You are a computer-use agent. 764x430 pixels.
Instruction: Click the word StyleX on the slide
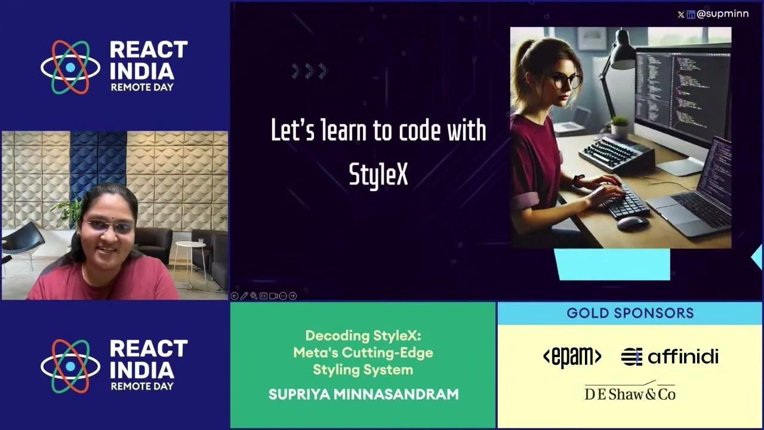(378, 174)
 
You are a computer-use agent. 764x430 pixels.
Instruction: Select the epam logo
(572, 357)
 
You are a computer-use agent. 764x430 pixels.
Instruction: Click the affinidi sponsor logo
(670, 357)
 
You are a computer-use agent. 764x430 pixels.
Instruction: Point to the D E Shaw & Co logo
(630, 392)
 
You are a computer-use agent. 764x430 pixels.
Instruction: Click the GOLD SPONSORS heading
(630, 313)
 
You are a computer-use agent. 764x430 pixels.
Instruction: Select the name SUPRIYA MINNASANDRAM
(363, 394)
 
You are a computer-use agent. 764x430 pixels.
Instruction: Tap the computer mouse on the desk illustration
(631, 223)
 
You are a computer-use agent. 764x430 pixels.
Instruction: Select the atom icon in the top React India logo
(70, 67)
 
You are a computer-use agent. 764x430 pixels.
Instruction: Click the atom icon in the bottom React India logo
(70, 366)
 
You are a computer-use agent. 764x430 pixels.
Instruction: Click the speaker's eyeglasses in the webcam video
(109, 226)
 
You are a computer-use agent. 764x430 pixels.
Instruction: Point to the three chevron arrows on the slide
(310, 72)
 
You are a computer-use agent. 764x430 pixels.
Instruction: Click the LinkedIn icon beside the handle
(691, 14)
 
